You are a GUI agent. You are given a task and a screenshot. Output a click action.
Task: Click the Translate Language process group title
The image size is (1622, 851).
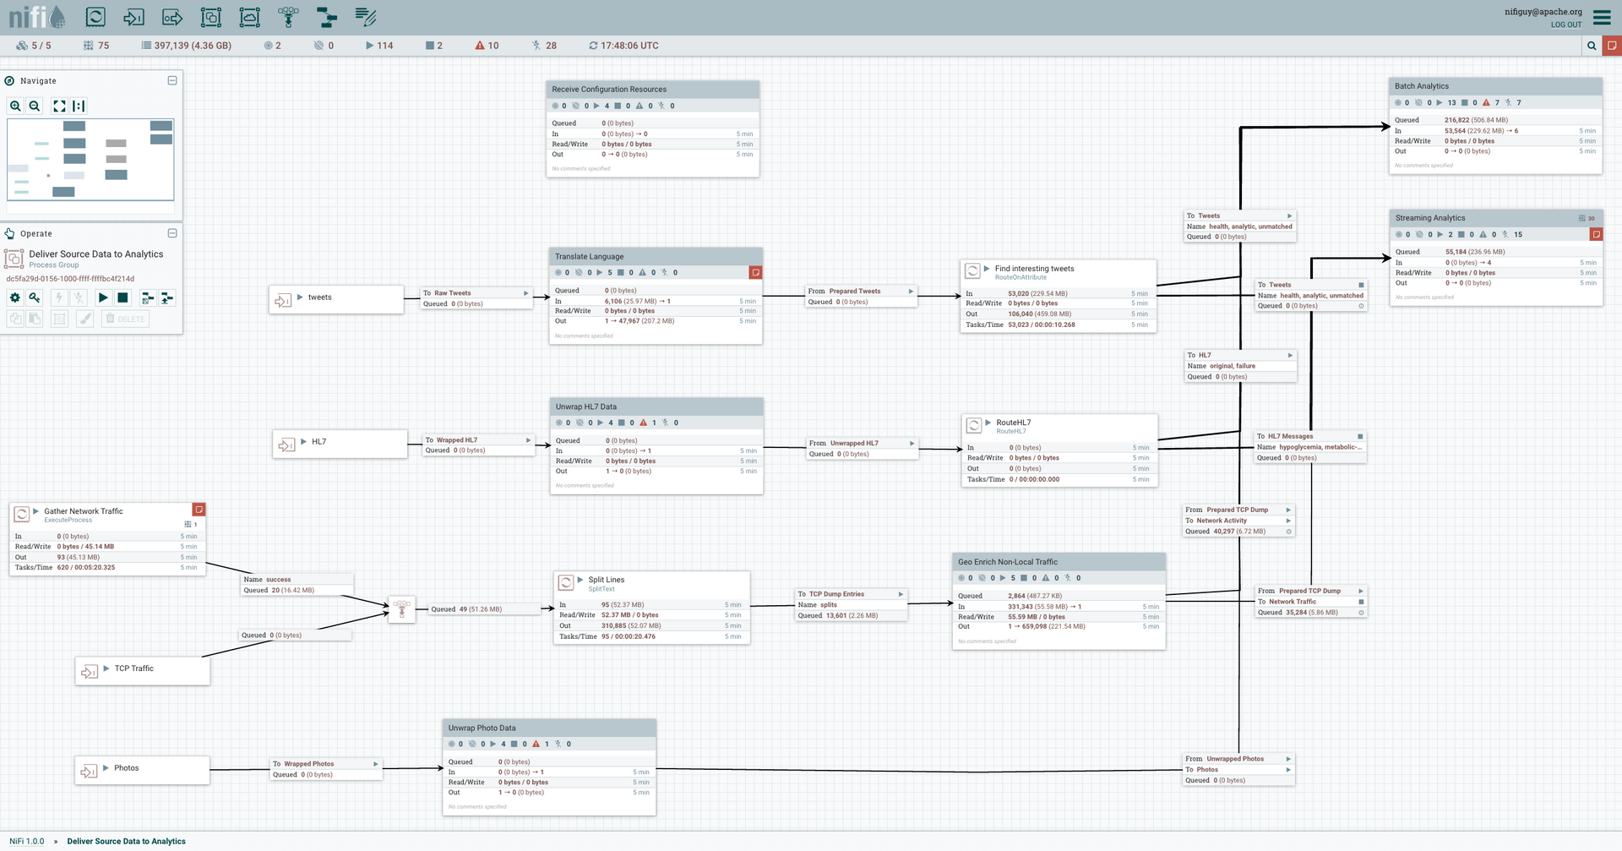coord(589,256)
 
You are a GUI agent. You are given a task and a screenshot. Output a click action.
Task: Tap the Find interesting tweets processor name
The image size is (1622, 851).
coord(1034,269)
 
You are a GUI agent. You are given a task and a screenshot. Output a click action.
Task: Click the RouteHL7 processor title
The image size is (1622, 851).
coord(1013,423)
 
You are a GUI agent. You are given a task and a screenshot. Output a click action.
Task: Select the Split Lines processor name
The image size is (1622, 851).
coord(606,580)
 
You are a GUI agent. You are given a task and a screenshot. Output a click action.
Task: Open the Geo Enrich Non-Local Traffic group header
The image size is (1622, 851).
coord(1007,562)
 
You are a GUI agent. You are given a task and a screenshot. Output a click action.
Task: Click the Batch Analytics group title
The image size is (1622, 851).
coord(1421,86)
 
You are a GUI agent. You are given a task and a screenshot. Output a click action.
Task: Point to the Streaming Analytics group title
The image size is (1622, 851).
coord(1429,218)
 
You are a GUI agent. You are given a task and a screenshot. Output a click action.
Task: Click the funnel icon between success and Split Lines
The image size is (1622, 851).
coord(401,608)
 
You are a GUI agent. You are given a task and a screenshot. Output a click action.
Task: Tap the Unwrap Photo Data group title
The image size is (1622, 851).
coord(482,728)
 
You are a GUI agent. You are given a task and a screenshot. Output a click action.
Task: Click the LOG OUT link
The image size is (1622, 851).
coord(1565,25)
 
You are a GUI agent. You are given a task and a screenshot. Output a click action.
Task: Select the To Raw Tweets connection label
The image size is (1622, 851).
coord(452,293)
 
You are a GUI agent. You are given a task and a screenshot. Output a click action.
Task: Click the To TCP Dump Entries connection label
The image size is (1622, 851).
coord(835,594)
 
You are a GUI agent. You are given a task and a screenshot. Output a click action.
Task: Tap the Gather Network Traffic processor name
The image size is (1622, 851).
coord(83,511)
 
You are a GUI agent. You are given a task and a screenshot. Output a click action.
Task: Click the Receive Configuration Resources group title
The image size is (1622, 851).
coord(608,90)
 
